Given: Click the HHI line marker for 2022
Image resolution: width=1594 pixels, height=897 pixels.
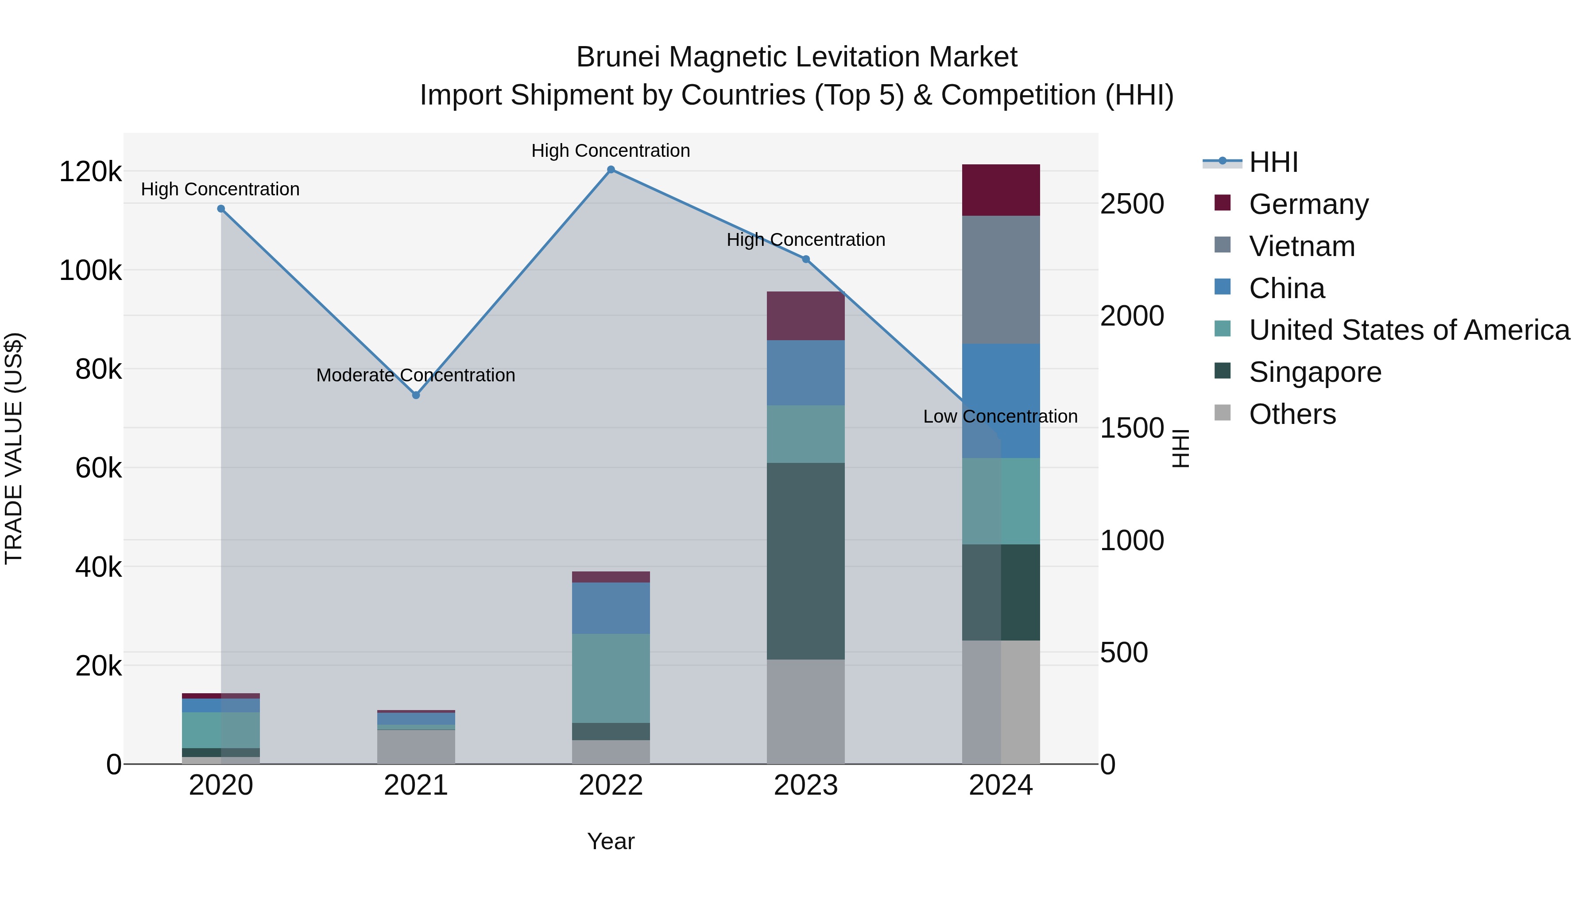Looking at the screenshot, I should (x=611, y=170).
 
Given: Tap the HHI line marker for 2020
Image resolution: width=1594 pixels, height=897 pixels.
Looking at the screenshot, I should (x=221, y=209).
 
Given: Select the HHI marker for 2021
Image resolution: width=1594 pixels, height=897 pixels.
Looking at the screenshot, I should (x=416, y=395).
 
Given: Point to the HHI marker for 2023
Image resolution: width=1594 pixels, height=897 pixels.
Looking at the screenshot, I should (x=806, y=260).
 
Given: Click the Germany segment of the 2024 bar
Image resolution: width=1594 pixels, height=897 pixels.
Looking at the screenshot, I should (x=1001, y=190).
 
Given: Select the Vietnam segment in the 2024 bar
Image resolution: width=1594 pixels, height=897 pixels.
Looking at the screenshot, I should (x=1001, y=280).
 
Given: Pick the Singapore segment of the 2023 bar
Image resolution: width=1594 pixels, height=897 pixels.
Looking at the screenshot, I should (x=806, y=561).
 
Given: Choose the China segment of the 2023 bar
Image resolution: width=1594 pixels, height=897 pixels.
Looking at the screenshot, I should (x=806, y=373).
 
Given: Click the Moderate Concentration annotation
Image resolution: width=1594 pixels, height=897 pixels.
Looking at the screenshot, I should (x=415, y=375).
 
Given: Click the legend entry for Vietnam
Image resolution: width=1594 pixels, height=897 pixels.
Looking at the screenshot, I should (x=1301, y=246).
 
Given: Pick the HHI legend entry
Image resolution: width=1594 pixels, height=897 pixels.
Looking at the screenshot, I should (x=1273, y=162).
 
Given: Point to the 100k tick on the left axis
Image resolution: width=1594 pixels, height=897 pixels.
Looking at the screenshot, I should (x=90, y=271).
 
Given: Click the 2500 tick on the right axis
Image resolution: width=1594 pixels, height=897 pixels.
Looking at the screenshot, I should (x=1132, y=204).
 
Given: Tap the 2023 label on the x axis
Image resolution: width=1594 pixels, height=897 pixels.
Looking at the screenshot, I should (x=806, y=785).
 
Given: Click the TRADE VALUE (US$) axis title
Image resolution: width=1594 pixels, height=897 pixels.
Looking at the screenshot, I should (x=14, y=448).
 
